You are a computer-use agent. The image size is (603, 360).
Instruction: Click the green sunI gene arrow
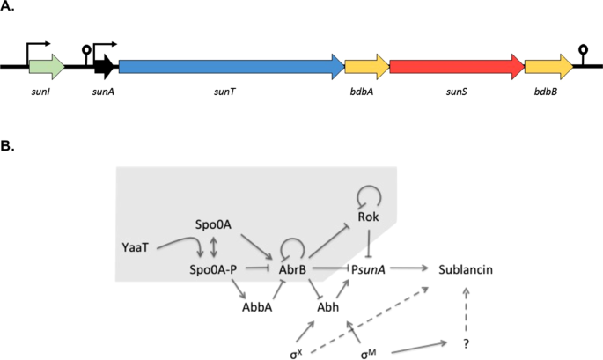[x=47, y=65]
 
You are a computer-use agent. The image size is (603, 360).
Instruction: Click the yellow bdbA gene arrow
[x=366, y=65]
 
